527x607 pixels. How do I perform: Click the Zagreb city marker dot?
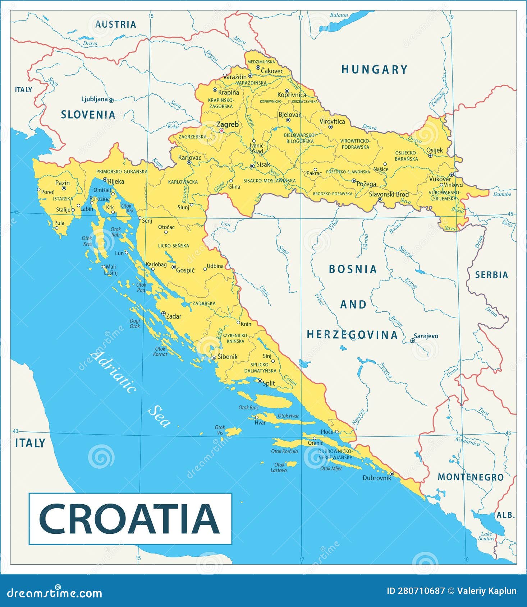click(x=221, y=131)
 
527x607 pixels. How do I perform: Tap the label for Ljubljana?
click(x=95, y=99)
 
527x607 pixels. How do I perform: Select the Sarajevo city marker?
click(x=413, y=340)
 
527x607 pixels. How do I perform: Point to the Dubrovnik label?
click(x=376, y=478)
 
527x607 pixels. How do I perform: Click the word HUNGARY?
click(x=374, y=69)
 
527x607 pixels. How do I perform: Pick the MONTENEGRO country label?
click(x=471, y=477)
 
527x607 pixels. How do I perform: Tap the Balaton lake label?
click(x=339, y=15)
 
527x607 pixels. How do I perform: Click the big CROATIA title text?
click(x=129, y=519)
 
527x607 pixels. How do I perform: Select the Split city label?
click(x=269, y=383)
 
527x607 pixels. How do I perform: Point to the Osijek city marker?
click(x=430, y=156)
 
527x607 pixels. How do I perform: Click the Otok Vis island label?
click(x=220, y=430)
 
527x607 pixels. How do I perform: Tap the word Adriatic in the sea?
click(x=113, y=372)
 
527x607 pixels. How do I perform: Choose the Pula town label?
click(x=59, y=223)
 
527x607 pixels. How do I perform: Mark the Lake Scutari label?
click(x=486, y=536)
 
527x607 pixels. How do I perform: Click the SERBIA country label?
click(x=491, y=275)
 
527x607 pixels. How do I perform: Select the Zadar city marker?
click(x=163, y=313)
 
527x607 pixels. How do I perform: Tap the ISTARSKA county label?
click(x=63, y=199)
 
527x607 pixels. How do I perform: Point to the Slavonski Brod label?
click(x=389, y=194)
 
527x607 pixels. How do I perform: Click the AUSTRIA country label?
click(x=115, y=24)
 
